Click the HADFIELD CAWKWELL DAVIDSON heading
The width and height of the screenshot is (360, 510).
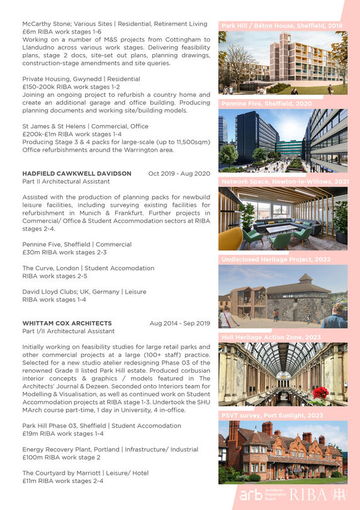tap(77, 173)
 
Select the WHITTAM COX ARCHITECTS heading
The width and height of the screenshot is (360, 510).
tap(67, 323)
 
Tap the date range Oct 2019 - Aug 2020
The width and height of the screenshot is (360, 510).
tap(179, 173)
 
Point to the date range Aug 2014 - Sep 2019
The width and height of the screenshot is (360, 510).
tap(179, 323)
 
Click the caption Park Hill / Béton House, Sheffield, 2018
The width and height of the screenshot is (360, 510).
tap(281, 26)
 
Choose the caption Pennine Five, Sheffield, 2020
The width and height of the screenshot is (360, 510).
tap(266, 103)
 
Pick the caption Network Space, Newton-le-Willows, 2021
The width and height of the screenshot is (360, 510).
tap(284, 181)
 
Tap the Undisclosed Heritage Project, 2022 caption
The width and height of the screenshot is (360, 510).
tap(276, 259)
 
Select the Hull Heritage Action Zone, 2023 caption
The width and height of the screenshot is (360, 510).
tap(271, 337)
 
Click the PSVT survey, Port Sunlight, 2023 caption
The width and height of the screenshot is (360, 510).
tap(272, 415)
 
